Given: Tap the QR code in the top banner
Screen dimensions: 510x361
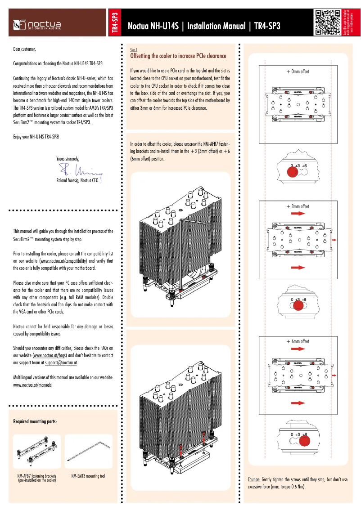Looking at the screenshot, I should pos(327,22).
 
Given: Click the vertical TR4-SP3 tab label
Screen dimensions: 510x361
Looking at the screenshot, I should pos(115,23).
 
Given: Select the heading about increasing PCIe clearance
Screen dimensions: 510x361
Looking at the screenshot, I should pos(178,56).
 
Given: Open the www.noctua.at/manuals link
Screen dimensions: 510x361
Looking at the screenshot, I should pos(32,385).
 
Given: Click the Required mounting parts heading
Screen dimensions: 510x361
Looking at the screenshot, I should pos(35,421).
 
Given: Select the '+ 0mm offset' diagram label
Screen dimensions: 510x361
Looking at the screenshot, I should pos(298,72).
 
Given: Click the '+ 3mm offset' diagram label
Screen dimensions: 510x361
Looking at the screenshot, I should pos(298,206).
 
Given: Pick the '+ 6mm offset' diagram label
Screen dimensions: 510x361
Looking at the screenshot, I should pos(298,341).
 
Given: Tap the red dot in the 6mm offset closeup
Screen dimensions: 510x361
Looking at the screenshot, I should pos(304,441).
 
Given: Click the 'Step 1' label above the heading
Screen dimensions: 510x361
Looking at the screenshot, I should pos(133,50).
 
